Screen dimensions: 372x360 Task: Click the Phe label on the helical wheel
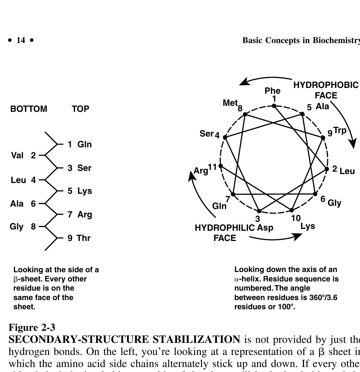[272, 91]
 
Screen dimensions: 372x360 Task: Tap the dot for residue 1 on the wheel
[274, 106]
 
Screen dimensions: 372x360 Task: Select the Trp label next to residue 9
[340, 130]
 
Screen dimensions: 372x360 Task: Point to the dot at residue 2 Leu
[327, 169]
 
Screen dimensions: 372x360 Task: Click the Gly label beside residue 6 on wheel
[335, 203]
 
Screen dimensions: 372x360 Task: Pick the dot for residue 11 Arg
[221, 166]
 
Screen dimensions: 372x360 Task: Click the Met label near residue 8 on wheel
[230, 103]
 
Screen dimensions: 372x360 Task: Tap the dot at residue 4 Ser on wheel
[225, 137]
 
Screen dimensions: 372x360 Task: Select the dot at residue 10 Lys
[291, 210]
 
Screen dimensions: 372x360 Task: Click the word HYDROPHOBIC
[326, 85]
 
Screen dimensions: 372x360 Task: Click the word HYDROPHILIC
[225, 228]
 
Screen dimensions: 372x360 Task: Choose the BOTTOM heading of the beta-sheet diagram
[29, 109]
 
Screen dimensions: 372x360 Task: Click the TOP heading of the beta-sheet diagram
[80, 109]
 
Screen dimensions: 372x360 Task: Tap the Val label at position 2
[17, 155]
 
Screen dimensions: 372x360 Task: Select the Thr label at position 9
[84, 238]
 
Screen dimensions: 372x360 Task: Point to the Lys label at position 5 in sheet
[85, 191]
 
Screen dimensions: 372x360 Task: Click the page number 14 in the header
[21, 40]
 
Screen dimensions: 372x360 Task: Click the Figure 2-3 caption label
[32, 327]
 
